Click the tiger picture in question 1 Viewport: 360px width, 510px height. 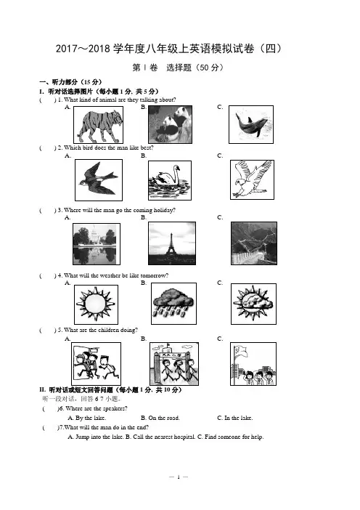tap(98, 125)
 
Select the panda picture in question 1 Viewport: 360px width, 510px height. tap(171, 124)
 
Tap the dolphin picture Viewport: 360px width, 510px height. tap(251, 124)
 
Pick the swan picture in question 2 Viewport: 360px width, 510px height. tap(170, 180)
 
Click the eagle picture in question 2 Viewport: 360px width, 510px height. tap(252, 179)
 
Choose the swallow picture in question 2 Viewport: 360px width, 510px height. tap(99, 180)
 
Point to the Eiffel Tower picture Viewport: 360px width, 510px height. tap(172, 243)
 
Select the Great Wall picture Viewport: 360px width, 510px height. tap(254, 243)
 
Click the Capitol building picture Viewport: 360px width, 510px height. tap(97, 244)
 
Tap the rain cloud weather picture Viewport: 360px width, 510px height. tap(173, 304)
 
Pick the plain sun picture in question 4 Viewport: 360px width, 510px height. tap(96, 304)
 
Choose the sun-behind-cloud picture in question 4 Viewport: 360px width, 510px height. tap(253, 304)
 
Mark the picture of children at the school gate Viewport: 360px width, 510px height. tap(173, 364)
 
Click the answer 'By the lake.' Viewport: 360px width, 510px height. tap(87, 418)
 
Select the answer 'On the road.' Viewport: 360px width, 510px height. tap(160, 418)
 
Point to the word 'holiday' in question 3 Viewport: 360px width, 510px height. tap(163, 210)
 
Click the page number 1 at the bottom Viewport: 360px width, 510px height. tap(179, 477)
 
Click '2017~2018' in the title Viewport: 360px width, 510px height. tap(83, 49)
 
